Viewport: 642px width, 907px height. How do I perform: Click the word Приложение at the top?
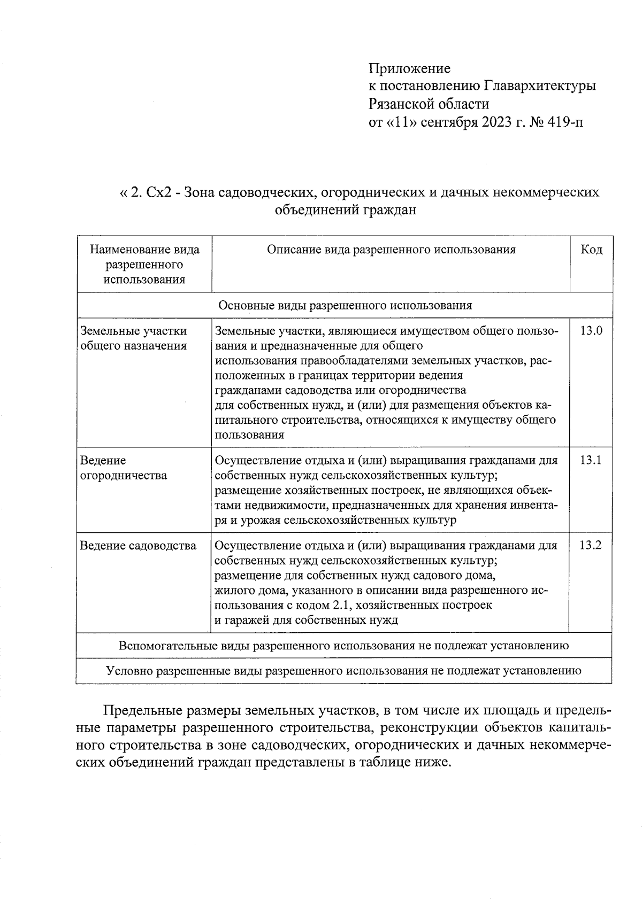coord(409,69)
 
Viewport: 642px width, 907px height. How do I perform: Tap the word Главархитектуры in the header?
coord(540,86)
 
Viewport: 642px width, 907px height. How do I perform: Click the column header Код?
coord(591,250)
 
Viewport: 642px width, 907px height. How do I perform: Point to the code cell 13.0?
coord(591,331)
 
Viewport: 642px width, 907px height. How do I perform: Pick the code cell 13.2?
coord(591,546)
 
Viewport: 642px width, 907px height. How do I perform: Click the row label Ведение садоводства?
coord(138,546)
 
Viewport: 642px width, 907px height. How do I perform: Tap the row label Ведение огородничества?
coord(123,468)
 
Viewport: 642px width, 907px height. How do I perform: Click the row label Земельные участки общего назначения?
coord(133,338)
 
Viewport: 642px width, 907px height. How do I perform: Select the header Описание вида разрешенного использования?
coord(391,250)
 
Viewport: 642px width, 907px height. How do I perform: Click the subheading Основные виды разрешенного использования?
coord(345,305)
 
